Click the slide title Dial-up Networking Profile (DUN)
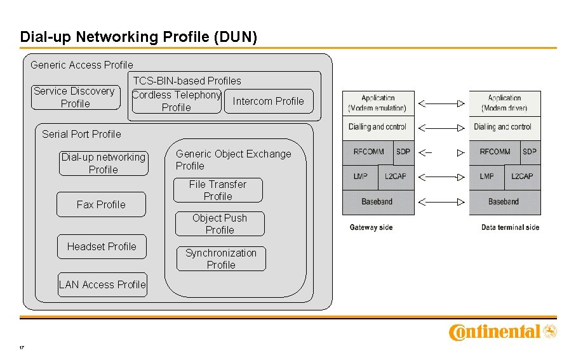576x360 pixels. pyautogui.click(x=138, y=37)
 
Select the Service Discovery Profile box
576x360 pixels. pyautogui.click(x=75, y=97)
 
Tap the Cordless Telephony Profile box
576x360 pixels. pyautogui.click(x=176, y=101)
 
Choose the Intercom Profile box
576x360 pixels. pyautogui.click(x=268, y=101)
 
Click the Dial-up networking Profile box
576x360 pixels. pyautogui.click(x=103, y=163)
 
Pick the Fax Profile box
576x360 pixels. pyautogui.click(x=101, y=204)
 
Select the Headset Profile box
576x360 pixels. pyautogui.click(x=102, y=246)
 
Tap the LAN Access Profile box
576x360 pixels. pyautogui.click(x=102, y=284)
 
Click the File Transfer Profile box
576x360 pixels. pyautogui.click(x=218, y=190)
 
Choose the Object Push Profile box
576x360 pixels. pyautogui.click(x=220, y=223)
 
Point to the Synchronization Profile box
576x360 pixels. pyautogui.click(x=221, y=258)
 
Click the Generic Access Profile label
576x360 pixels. pyautogui.click(x=82, y=65)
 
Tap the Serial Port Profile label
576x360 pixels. pyautogui.click(x=81, y=134)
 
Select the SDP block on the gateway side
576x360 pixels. pyautogui.click(x=403, y=152)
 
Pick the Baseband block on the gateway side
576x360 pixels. pyautogui.click(x=378, y=201)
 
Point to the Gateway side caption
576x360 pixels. pyautogui.click(x=371, y=227)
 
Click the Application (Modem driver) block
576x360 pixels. pyautogui.click(x=505, y=103)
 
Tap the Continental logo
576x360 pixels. pyautogui.click(x=502, y=331)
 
